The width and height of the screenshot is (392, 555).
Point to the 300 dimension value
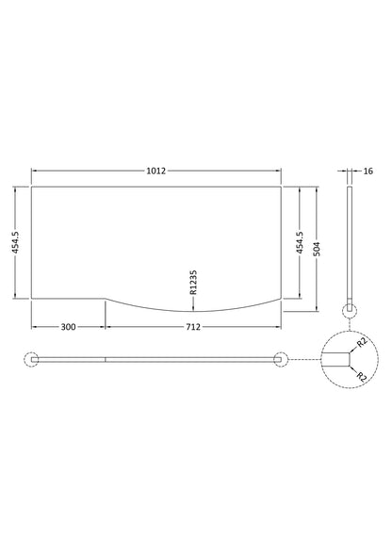point(68,327)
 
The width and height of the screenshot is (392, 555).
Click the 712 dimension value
point(193,327)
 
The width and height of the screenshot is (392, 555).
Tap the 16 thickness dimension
point(367,171)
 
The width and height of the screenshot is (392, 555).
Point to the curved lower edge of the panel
point(193,310)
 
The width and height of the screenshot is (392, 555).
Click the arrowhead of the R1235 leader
point(193,308)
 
